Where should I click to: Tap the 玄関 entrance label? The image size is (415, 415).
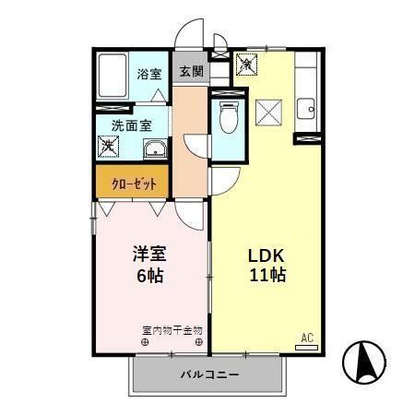point(191,72)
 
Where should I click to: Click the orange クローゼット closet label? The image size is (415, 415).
point(134,183)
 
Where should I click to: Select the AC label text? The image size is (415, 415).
point(307,336)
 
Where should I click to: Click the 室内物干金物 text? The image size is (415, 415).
point(172,329)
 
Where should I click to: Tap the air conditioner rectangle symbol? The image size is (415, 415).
point(307,345)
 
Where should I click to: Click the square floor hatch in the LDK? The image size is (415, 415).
point(268,115)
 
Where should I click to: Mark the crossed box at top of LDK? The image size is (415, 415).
point(246,65)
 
